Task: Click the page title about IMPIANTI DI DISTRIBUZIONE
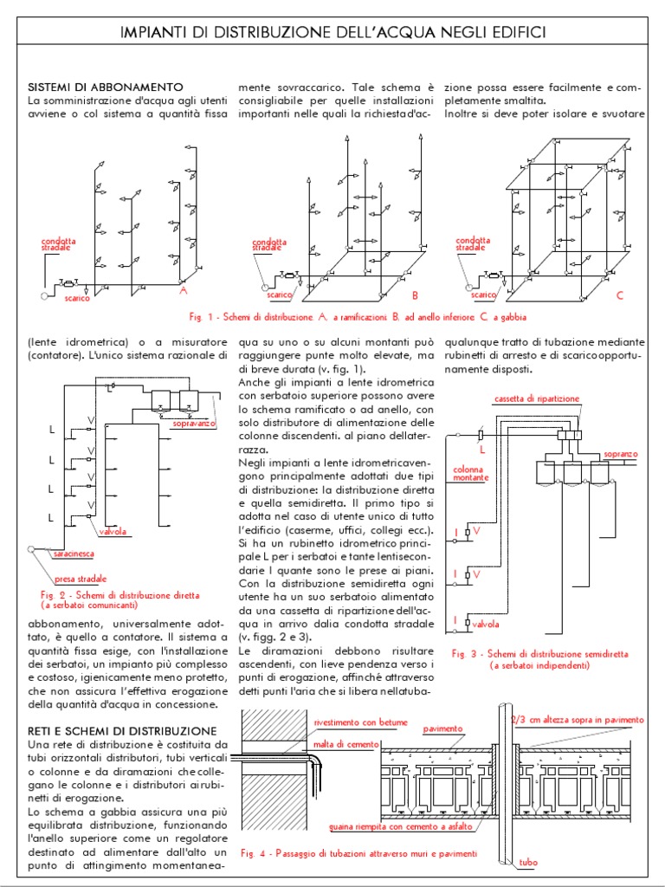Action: coord(332,33)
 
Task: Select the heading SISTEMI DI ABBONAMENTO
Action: coord(106,87)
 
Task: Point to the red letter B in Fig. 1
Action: coord(415,295)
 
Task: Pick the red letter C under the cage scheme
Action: coord(619,296)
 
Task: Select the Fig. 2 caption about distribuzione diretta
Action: coord(119,600)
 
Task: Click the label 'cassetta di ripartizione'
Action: coord(537,398)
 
